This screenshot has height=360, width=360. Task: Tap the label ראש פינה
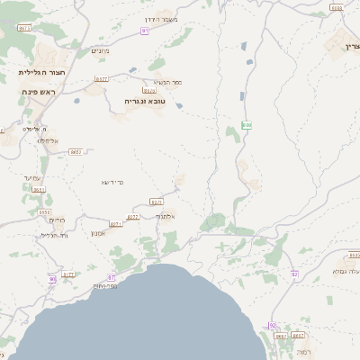(40, 92)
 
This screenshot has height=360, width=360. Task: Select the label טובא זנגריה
(148, 101)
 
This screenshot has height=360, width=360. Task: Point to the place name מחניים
(101, 51)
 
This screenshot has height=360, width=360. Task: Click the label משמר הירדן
(162, 19)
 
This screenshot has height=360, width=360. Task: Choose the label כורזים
(57, 220)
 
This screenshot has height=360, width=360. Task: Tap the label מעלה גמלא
(346, 270)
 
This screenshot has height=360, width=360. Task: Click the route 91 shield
(145, 31)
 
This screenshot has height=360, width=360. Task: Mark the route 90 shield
(52, 279)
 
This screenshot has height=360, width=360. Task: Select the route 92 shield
(294, 274)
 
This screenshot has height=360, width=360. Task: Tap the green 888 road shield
(247, 125)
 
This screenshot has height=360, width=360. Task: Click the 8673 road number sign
(23, 28)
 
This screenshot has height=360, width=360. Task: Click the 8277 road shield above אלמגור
(156, 202)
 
